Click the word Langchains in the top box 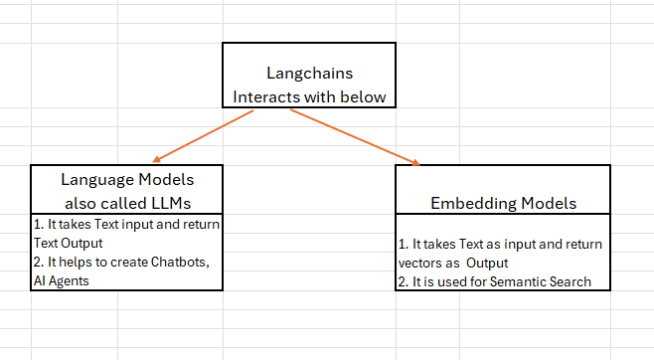pyautogui.click(x=309, y=74)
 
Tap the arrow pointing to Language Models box pyautogui.click(x=204, y=135)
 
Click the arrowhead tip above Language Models pyautogui.click(x=155, y=161)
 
